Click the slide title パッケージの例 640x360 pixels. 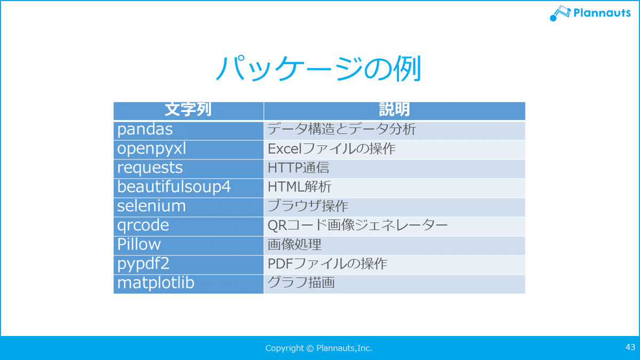coord(318,68)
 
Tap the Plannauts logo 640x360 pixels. coord(590,13)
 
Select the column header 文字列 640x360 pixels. coord(188,110)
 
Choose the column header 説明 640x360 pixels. coord(394,110)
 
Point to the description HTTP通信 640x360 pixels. coord(298,167)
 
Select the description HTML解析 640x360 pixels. coord(299,187)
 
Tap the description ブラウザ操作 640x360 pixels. coord(308,206)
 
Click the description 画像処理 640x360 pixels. coord(294,245)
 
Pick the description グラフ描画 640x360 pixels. coord(301,283)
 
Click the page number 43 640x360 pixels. coord(630,347)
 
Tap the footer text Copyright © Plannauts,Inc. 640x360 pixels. coord(318,348)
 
